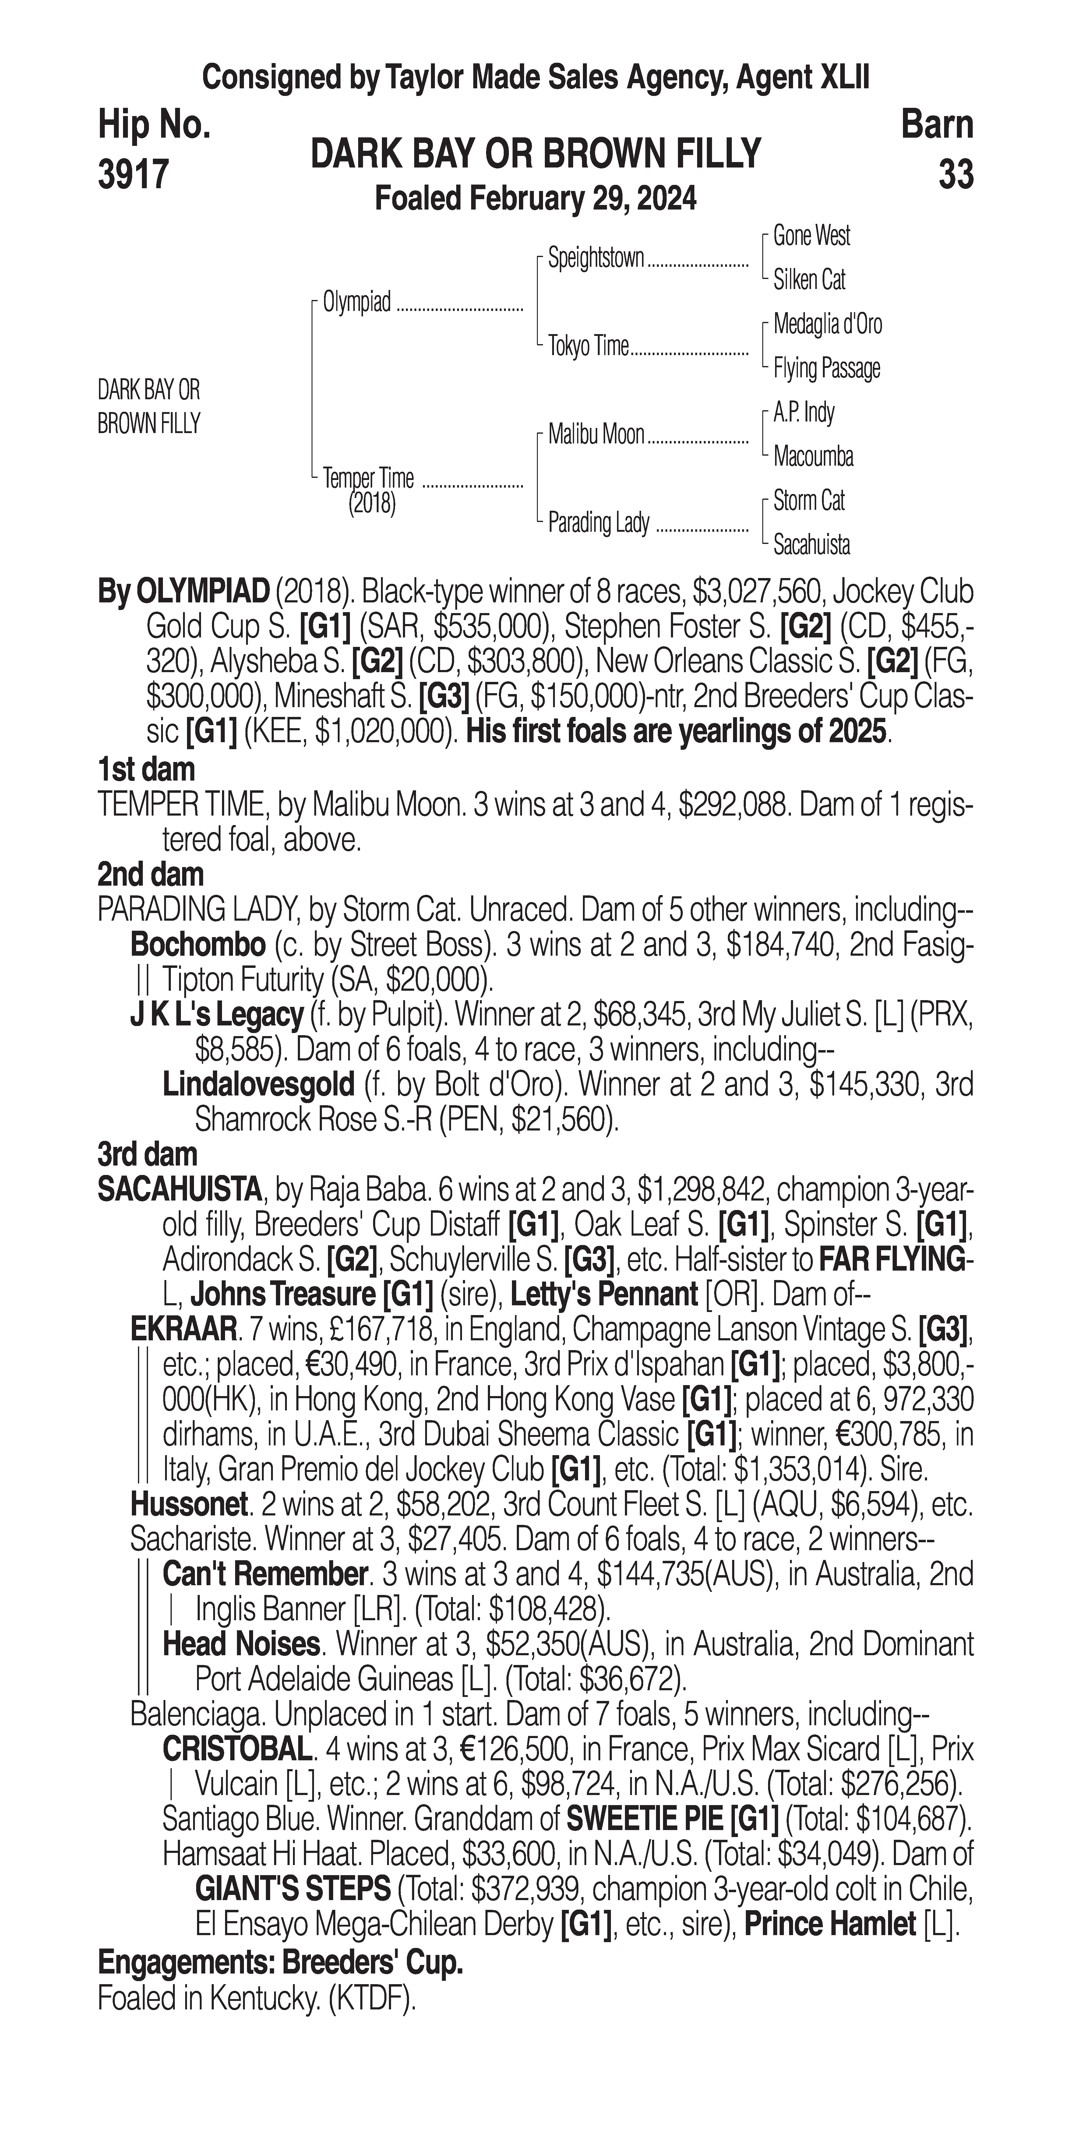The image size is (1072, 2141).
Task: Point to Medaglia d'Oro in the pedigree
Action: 827,324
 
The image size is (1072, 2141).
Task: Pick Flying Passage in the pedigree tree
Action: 826,368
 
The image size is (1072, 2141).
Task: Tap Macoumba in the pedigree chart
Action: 813,456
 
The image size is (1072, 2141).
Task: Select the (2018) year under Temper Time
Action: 372,504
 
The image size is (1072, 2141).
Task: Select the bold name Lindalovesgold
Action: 259,1085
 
